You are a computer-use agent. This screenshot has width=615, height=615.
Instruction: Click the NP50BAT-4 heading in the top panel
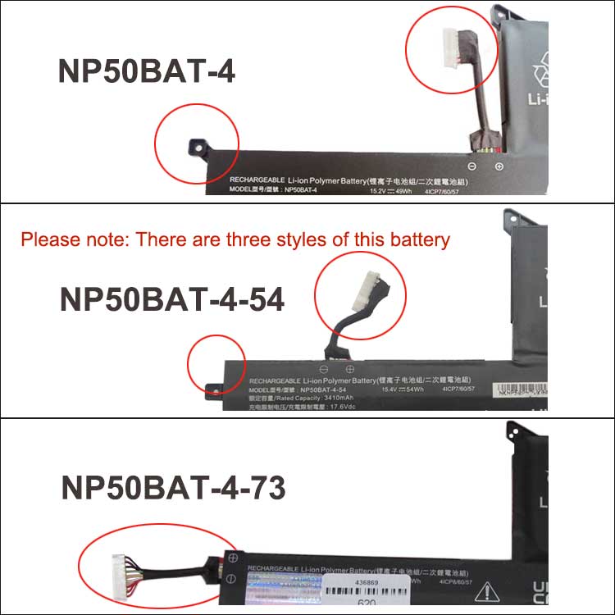146,71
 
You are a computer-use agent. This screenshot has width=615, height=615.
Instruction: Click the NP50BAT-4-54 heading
172,299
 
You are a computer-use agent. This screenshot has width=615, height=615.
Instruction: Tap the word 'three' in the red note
281,240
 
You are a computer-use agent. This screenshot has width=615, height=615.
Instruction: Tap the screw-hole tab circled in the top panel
197,146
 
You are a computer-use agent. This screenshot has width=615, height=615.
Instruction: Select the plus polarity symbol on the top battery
499,166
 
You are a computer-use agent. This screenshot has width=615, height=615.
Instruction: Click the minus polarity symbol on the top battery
472,166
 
